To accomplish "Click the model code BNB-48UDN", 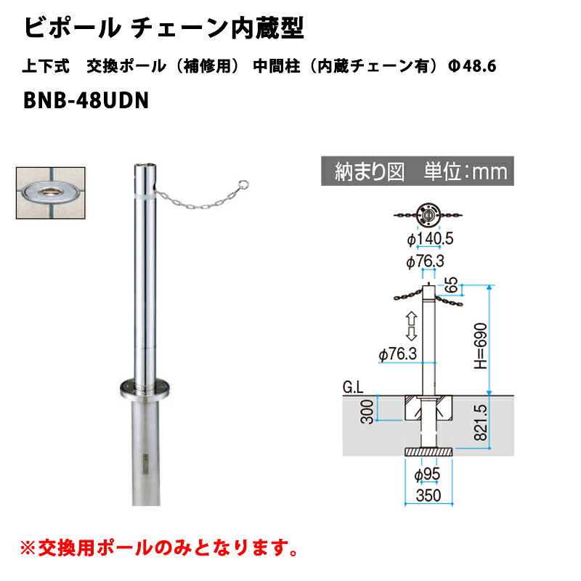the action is point(86,100).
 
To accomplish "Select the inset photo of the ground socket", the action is point(51,192).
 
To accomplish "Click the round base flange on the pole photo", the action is point(145,389).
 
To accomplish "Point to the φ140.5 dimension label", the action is point(430,239).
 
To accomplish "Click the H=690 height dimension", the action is point(481,346).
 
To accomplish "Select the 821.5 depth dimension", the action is point(481,422).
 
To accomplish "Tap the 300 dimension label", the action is point(367,411).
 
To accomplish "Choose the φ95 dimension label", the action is point(427,475).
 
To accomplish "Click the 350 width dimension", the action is point(428,495).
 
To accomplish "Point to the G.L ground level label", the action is point(353,388).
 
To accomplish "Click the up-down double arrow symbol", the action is point(411,326).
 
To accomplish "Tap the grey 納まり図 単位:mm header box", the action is point(417,171).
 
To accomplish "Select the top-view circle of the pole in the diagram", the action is point(428,214).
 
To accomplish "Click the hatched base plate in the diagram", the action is point(428,452).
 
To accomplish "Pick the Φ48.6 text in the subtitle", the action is point(472,66).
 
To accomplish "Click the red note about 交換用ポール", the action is point(159,548).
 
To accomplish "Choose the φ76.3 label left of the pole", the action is point(398,354).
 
